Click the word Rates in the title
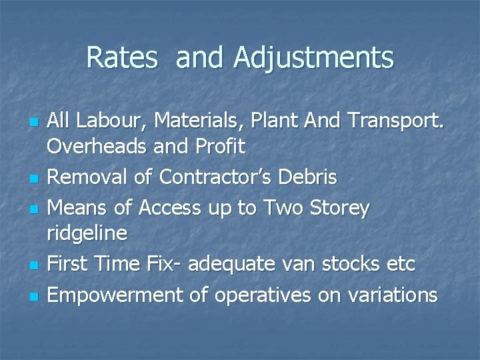pyautogui.click(x=121, y=57)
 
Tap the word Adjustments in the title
pyautogui.click(x=313, y=59)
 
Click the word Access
pyautogui.click(x=169, y=207)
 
